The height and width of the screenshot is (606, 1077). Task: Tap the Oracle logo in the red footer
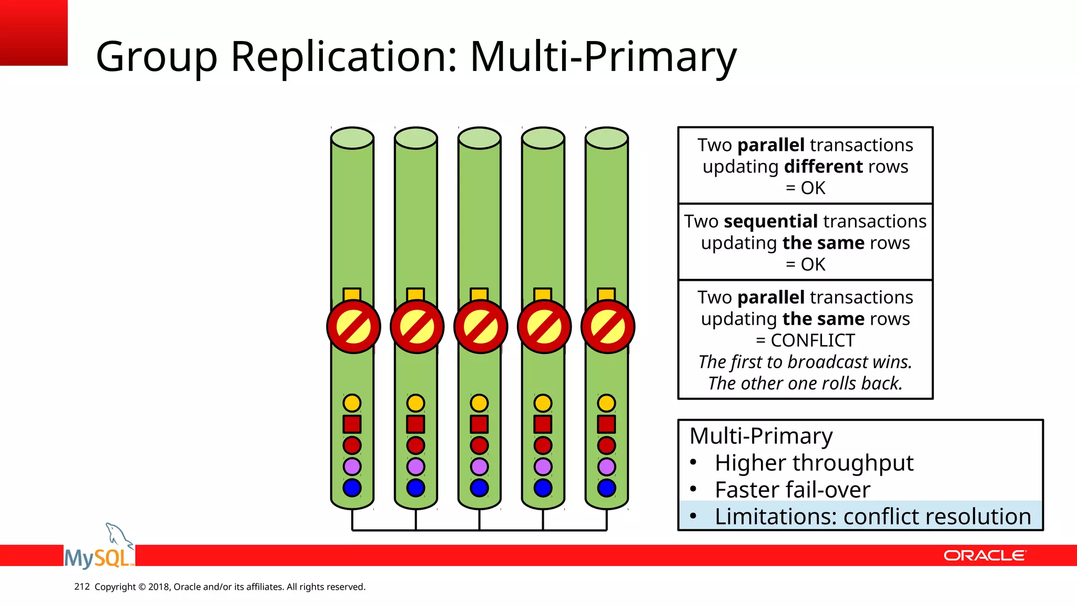point(984,555)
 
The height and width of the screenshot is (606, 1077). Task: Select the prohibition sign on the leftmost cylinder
point(353,327)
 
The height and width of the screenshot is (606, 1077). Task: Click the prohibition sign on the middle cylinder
point(480,327)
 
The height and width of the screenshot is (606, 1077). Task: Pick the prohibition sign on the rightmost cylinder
point(607,327)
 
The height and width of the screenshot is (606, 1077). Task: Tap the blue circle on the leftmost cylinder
point(352,488)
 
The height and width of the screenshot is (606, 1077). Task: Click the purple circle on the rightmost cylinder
point(606,467)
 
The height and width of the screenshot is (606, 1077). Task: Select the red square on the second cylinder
point(415,424)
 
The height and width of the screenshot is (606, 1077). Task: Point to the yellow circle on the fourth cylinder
point(543,403)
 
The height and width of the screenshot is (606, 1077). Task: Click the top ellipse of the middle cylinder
point(479,138)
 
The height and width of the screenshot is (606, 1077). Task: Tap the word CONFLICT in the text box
point(812,340)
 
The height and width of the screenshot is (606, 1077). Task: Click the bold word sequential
point(770,221)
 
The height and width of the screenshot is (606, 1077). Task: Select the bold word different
point(823,167)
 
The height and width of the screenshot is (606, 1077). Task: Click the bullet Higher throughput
point(814,463)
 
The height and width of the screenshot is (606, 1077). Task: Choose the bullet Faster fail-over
point(792,490)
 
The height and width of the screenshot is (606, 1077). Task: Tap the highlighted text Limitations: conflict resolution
point(872,517)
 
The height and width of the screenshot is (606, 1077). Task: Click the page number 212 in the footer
point(82,587)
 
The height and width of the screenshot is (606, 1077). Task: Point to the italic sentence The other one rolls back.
point(805,383)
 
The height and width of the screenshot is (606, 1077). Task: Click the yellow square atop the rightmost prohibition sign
point(606,294)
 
